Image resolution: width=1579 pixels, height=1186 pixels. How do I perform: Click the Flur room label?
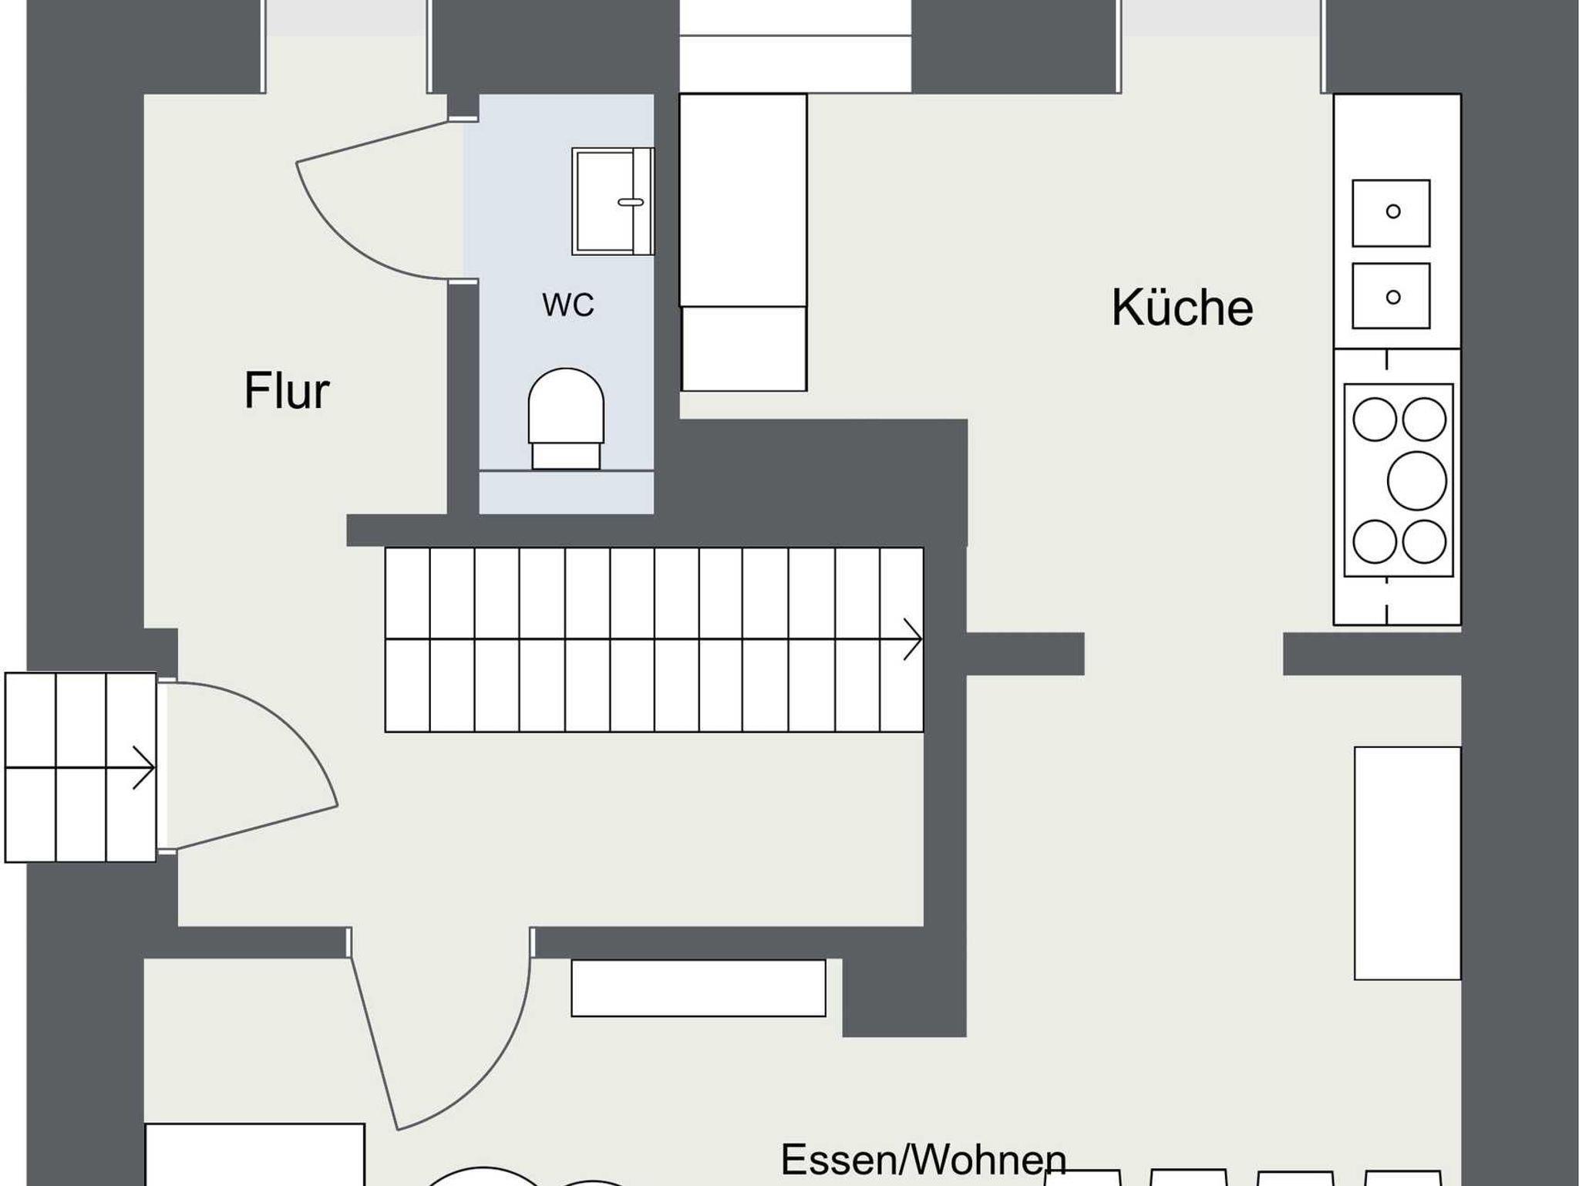tap(287, 391)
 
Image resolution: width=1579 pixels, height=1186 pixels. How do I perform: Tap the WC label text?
tap(568, 305)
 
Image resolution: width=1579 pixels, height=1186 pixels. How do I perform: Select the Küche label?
tap(1182, 308)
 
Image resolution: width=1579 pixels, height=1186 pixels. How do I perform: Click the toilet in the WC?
tap(566, 419)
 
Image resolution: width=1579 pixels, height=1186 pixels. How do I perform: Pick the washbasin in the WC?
tap(613, 201)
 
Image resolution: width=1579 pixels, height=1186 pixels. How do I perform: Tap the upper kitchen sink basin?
tap(1392, 213)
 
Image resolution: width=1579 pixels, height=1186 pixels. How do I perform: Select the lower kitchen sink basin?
tap(1392, 296)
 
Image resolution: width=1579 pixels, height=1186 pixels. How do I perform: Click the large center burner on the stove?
tap(1416, 480)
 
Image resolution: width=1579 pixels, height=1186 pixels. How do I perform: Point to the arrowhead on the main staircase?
tap(914, 639)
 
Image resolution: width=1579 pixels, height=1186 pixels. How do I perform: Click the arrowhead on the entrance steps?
tap(144, 767)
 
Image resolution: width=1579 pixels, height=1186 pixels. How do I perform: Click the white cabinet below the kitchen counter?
tap(1408, 863)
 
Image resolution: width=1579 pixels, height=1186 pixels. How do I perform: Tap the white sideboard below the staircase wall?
tap(699, 988)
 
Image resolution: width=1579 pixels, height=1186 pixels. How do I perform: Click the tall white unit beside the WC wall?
tap(743, 242)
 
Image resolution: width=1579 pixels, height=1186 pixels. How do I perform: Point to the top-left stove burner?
tap(1375, 419)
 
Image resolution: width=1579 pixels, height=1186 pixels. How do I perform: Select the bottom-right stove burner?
tap(1424, 541)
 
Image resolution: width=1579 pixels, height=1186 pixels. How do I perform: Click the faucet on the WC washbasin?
tap(631, 202)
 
